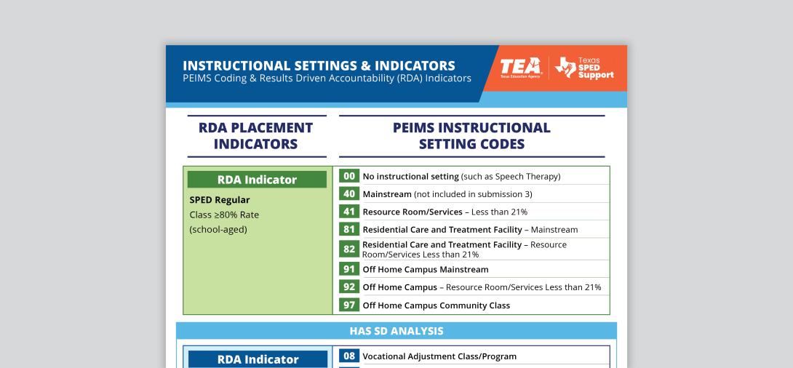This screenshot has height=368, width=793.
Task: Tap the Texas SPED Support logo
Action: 584,68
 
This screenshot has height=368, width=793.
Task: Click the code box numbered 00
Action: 349,176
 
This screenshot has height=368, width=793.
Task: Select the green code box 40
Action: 349,193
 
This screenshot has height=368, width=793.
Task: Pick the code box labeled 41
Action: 349,212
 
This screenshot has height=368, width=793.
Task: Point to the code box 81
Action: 349,229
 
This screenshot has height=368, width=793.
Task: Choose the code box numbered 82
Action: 349,249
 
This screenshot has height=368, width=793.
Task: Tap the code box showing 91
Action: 349,269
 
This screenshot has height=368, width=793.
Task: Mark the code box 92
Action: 349,287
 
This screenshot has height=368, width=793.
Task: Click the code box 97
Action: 349,305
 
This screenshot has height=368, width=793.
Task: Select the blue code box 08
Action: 349,356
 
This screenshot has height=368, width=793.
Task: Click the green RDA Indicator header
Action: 257,180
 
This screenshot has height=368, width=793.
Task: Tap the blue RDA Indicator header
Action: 258,359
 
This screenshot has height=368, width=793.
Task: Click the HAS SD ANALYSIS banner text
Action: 396,331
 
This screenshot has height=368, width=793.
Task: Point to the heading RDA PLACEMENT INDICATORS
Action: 255,135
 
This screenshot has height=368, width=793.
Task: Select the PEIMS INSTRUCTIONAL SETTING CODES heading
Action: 472,135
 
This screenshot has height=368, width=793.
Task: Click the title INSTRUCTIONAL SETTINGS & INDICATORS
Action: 319,65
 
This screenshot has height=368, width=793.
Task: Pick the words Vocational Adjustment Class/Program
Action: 439,356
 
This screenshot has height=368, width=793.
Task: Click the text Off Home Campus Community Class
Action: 437,305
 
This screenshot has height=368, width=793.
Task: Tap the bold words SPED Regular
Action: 220,200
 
